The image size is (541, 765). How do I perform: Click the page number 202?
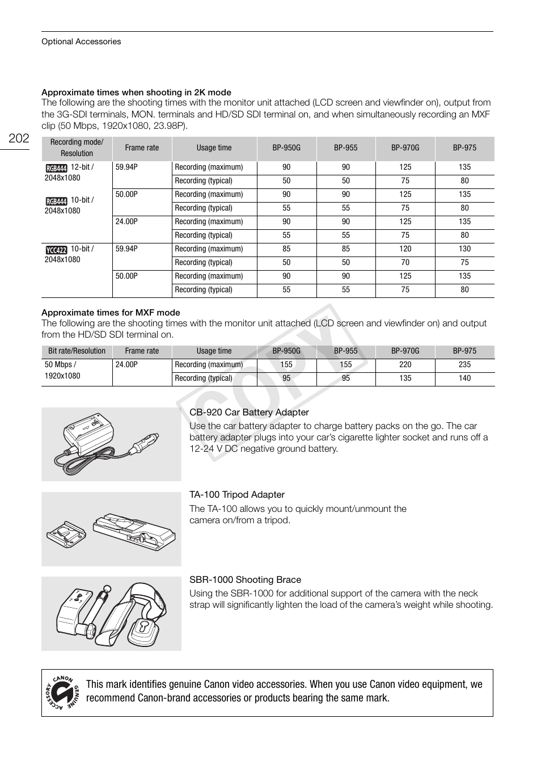click(x=19, y=138)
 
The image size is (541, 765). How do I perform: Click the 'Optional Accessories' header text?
click(x=81, y=41)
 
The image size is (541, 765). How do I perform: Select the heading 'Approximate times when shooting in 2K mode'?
click(x=136, y=92)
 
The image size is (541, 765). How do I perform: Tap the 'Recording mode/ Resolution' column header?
click(x=77, y=148)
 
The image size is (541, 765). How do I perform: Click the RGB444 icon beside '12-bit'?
click(x=57, y=168)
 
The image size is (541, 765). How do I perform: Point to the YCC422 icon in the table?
click(x=57, y=250)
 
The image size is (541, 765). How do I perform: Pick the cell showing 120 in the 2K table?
click(x=405, y=249)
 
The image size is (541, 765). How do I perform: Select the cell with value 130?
click(x=464, y=249)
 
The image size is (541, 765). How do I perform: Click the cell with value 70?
click(x=405, y=262)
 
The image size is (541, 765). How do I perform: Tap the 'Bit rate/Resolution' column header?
click(x=77, y=351)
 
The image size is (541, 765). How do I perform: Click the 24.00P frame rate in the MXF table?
click(x=126, y=364)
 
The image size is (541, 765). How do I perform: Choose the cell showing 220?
click(x=405, y=364)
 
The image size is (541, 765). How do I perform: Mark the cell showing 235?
click(x=464, y=364)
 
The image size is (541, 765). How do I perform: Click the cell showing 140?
click(x=464, y=378)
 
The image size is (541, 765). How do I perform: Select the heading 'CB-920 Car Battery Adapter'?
click(x=249, y=412)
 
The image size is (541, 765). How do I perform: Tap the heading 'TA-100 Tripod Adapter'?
click(x=237, y=494)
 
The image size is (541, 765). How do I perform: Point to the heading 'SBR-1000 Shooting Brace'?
click(x=245, y=579)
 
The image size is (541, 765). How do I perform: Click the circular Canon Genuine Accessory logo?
click(x=62, y=692)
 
